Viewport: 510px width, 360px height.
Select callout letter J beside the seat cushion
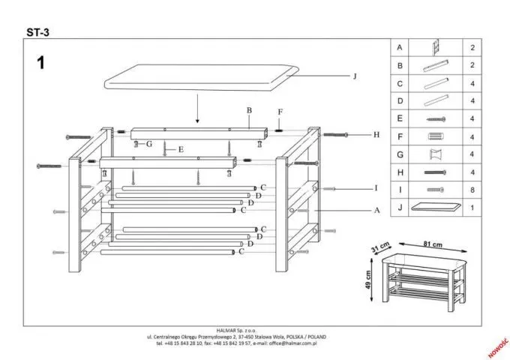(x=355, y=76)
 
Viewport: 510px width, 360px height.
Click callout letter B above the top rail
(x=248, y=110)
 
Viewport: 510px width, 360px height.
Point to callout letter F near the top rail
(x=280, y=112)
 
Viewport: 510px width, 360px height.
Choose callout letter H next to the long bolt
(x=377, y=135)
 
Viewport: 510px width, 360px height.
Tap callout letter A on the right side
(x=377, y=211)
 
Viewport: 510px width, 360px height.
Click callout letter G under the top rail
(x=150, y=143)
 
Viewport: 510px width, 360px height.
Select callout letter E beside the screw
(x=181, y=149)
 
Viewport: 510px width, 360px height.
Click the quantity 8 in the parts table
(x=472, y=190)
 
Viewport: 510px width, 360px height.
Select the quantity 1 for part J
(x=472, y=208)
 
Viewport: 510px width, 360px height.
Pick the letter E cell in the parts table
(x=400, y=118)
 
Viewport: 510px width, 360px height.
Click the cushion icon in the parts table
(x=435, y=208)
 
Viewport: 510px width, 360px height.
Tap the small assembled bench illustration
(x=424, y=279)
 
